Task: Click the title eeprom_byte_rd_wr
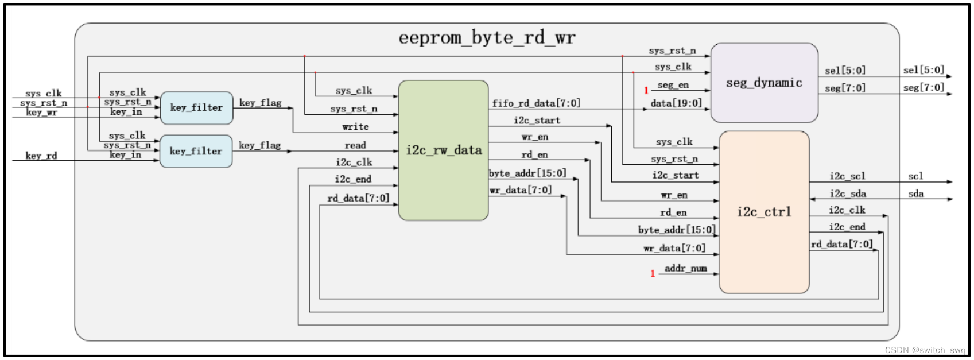point(487,38)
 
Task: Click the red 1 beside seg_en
point(646,90)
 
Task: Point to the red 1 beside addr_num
point(652,273)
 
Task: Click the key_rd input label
point(41,156)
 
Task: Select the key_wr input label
point(41,112)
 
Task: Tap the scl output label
point(915,176)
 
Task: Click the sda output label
point(915,193)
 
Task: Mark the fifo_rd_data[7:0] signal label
point(536,103)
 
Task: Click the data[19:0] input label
point(676,103)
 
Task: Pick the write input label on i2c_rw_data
point(355,127)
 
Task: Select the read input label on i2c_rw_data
point(355,145)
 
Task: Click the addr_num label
point(685,268)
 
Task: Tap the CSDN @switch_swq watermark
point(925,350)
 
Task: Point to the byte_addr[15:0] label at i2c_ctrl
point(677,230)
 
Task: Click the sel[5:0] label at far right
point(923,70)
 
